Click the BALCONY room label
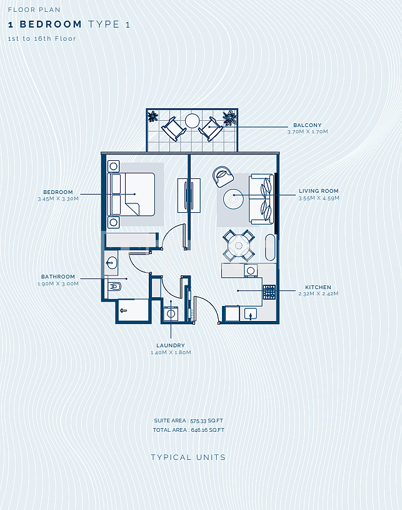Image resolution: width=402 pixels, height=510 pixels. point(307,125)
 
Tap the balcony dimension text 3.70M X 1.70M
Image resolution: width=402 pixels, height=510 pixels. point(308,132)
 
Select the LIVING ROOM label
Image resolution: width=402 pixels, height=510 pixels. point(318,191)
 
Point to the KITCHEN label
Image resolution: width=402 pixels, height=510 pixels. point(318,287)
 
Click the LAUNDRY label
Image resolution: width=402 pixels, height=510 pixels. point(171,345)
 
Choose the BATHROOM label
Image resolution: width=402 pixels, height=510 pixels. point(58,277)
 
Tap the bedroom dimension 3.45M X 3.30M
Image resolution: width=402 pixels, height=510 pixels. point(58,199)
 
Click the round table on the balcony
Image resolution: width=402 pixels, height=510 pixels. point(192,121)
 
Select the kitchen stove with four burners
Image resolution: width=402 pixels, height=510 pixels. point(269,292)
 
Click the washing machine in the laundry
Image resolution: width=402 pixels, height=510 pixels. point(171,314)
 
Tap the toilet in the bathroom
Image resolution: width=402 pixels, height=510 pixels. point(114,287)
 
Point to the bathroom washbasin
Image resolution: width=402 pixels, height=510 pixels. point(111,262)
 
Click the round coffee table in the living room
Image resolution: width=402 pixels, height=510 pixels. point(233,199)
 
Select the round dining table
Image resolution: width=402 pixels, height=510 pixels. point(239,245)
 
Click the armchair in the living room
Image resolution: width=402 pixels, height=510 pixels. point(223,176)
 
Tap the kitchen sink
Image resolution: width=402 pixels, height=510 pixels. point(250,314)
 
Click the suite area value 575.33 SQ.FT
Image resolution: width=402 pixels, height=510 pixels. point(207,421)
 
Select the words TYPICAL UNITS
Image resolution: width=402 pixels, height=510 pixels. point(188,457)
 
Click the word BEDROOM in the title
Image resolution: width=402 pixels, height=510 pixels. point(51,24)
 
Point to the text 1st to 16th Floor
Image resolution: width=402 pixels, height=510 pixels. point(42,38)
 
